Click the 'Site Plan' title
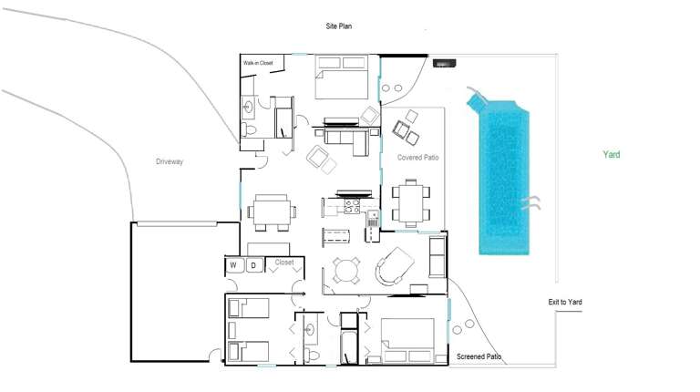[x=338, y=26]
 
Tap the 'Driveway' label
[x=170, y=161]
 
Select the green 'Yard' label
[x=611, y=155]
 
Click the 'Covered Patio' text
[x=418, y=158]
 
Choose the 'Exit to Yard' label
[x=565, y=302]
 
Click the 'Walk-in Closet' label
[x=258, y=63]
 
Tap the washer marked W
[x=233, y=265]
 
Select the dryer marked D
[x=254, y=265]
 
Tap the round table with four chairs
[x=346, y=270]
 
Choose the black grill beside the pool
[x=444, y=64]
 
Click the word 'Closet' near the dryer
[x=284, y=263]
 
